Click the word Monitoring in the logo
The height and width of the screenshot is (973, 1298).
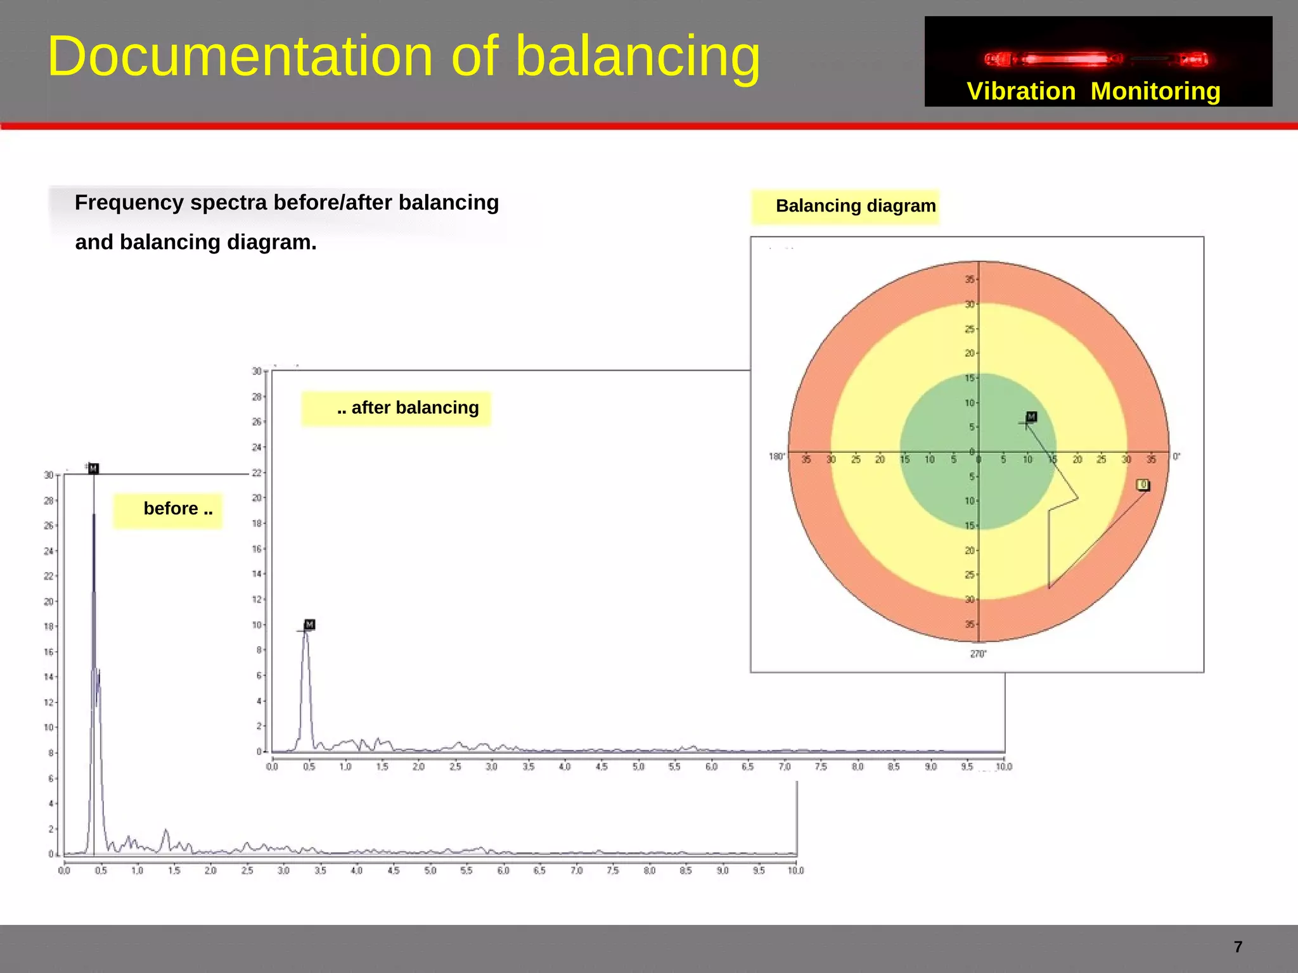click(1155, 92)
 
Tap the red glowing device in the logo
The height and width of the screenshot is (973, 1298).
click(1096, 60)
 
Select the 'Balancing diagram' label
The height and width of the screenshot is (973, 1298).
click(855, 206)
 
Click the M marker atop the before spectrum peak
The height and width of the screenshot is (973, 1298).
click(94, 469)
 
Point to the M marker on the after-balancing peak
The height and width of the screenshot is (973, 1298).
click(309, 625)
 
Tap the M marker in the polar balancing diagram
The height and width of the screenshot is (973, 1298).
click(1031, 417)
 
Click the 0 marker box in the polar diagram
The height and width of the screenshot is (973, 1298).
click(1143, 485)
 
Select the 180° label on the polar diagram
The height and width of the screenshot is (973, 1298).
click(776, 457)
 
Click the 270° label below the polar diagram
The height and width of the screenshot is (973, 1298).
click(978, 654)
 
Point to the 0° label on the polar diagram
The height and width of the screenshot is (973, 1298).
click(1176, 457)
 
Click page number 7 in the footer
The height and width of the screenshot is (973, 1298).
click(1238, 947)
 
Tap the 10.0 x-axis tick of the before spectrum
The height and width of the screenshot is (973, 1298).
click(795, 871)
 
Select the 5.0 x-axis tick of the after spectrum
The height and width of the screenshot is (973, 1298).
click(638, 767)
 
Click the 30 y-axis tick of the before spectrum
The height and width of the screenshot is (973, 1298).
click(49, 475)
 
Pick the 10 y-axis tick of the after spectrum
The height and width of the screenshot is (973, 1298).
click(257, 625)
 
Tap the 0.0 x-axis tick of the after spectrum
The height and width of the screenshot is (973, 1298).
click(272, 767)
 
